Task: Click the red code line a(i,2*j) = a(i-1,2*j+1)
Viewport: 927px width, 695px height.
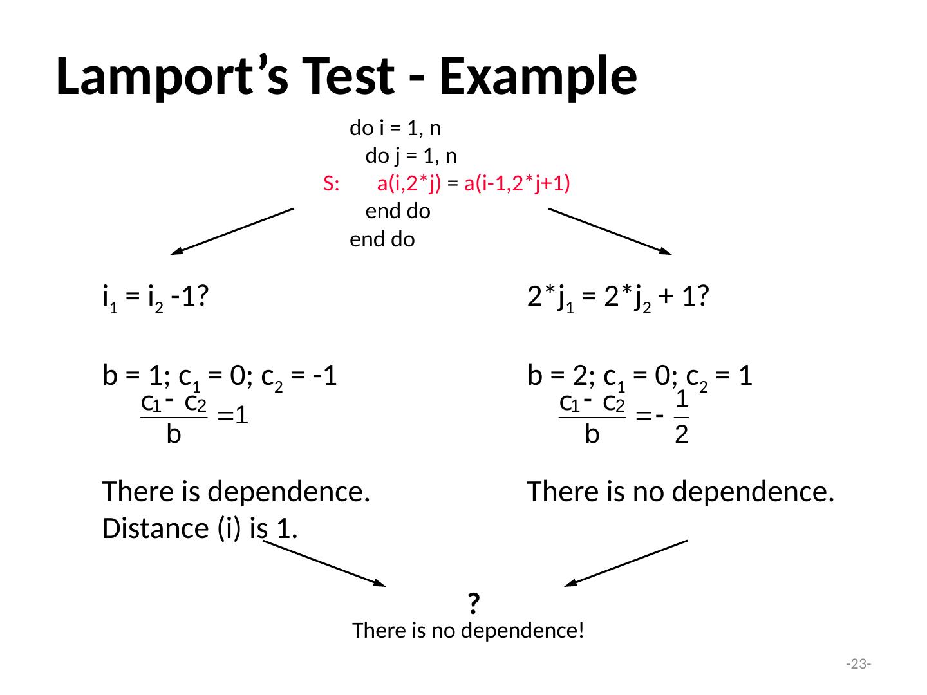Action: pos(475,184)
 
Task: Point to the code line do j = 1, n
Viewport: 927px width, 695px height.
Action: pos(411,156)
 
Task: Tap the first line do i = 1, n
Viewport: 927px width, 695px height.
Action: pos(395,129)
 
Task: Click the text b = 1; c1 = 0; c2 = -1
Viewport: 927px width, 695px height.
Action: pos(220,376)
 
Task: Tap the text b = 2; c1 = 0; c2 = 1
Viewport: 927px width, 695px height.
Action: pos(640,376)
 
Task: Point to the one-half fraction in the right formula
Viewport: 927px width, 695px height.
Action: pos(682,418)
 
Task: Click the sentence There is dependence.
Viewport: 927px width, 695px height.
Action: pos(236,492)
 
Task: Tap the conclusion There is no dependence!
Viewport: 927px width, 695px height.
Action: pos(469,631)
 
